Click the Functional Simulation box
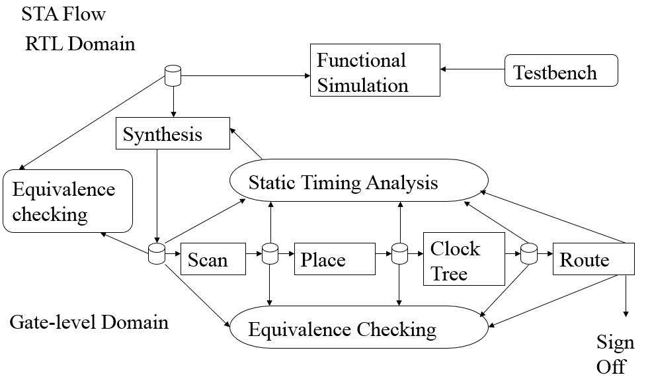pos(375,70)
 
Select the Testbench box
pos(561,70)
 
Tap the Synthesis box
pos(173,133)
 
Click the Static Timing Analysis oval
pos(359,181)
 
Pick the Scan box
pos(213,259)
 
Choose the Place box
pos(335,259)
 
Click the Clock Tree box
pos(464,259)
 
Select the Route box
pos(593,259)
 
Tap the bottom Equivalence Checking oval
pos(359,327)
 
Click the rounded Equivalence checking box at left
pos(67,201)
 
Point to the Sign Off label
pos(615,355)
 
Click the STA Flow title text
pos(63,14)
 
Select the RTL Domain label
pos(80,44)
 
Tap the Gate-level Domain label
pos(89,322)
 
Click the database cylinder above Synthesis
pos(173,75)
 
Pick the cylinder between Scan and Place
pos(270,254)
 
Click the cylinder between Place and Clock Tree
pos(399,254)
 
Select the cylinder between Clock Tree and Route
pos(529,254)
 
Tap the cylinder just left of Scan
pos(157,254)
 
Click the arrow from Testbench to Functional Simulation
pos(472,69)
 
